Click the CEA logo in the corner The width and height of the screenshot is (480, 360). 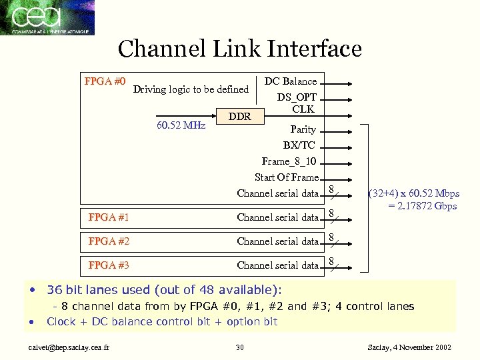click(47, 17)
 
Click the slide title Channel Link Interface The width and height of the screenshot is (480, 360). click(239, 49)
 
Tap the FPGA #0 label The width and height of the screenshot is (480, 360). click(105, 82)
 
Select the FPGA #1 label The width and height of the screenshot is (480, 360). click(109, 217)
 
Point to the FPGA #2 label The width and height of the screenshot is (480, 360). click(109, 241)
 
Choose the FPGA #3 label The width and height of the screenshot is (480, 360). click(109, 265)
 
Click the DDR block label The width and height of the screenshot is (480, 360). click(239, 117)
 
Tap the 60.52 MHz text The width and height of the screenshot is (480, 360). click(181, 125)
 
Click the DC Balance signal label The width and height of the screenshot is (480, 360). click(291, 81)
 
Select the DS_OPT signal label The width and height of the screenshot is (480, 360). click(297, 97)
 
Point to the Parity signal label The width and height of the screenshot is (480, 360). click(303, 129)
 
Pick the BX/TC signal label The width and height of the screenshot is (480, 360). click(299, 145)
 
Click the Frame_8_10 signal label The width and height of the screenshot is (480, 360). click(289, 161)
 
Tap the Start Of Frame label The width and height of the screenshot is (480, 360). click(287, 177)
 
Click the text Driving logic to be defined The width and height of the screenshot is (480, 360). click(191, 89)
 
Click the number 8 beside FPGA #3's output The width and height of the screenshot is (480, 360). click(331, 261)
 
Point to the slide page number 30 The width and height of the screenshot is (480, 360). click(240, 347)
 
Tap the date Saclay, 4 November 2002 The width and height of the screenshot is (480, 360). click(409, 347)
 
